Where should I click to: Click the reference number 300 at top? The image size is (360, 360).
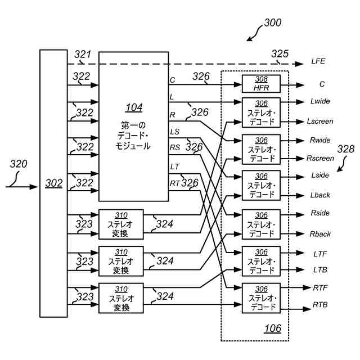click(273, 24)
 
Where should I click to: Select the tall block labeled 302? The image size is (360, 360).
click(53, 183)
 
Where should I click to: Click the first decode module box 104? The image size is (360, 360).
click(133, 127)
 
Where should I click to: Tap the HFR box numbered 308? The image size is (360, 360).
click(261, 84)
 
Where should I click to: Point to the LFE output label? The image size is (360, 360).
click(318, 61)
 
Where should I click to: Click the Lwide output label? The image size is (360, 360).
click(320, 101)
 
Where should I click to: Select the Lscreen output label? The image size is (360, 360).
click(320, 121)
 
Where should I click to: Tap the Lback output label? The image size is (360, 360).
click(320, 195)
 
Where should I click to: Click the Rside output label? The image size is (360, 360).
click(320, 214)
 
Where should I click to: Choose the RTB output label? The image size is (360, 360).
click(321, 305)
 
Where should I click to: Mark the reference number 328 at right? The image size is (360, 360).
click(345, 149)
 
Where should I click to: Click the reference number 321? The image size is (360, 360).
click(83, 54)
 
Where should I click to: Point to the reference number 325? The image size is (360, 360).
click(280, 54)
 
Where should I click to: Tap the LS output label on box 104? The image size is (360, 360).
click(175, 132)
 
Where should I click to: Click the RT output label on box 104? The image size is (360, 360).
click(175, 183)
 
